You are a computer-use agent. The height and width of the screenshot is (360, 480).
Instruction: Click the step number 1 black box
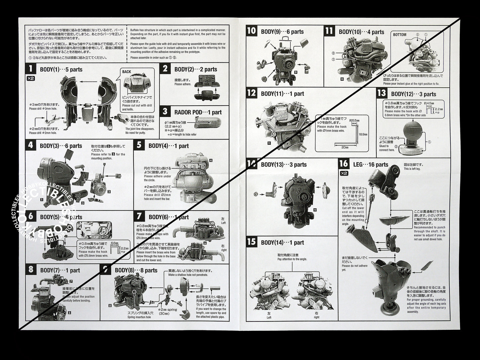tap(31, 69)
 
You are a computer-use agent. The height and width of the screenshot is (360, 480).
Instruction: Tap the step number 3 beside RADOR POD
tap(165, 112)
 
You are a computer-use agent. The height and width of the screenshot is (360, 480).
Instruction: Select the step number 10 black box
tap(252, 31)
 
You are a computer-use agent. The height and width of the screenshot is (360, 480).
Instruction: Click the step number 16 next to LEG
tap(344, 164)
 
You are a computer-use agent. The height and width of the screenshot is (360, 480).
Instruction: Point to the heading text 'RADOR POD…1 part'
tap(198, 112)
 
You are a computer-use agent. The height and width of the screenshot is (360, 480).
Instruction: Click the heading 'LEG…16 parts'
tap(370, 164)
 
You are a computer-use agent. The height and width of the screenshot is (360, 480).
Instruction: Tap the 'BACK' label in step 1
tap(127, 72)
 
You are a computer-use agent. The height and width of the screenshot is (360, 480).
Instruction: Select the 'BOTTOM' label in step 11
tap(399, 35)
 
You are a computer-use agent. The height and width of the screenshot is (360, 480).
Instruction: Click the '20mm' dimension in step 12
tap(345, 147)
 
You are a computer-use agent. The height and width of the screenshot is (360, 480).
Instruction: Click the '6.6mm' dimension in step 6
tap(114, 243)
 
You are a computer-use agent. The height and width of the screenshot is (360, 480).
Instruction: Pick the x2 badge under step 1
tap(31, 79)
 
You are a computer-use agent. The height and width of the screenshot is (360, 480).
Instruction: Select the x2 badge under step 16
tap(343, 173)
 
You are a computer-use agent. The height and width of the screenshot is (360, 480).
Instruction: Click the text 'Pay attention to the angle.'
tap(292, 259)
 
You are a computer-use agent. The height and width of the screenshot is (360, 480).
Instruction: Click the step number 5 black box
tap(139, 145)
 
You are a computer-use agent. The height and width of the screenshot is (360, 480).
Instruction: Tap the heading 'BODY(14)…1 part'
tap(282, 242)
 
